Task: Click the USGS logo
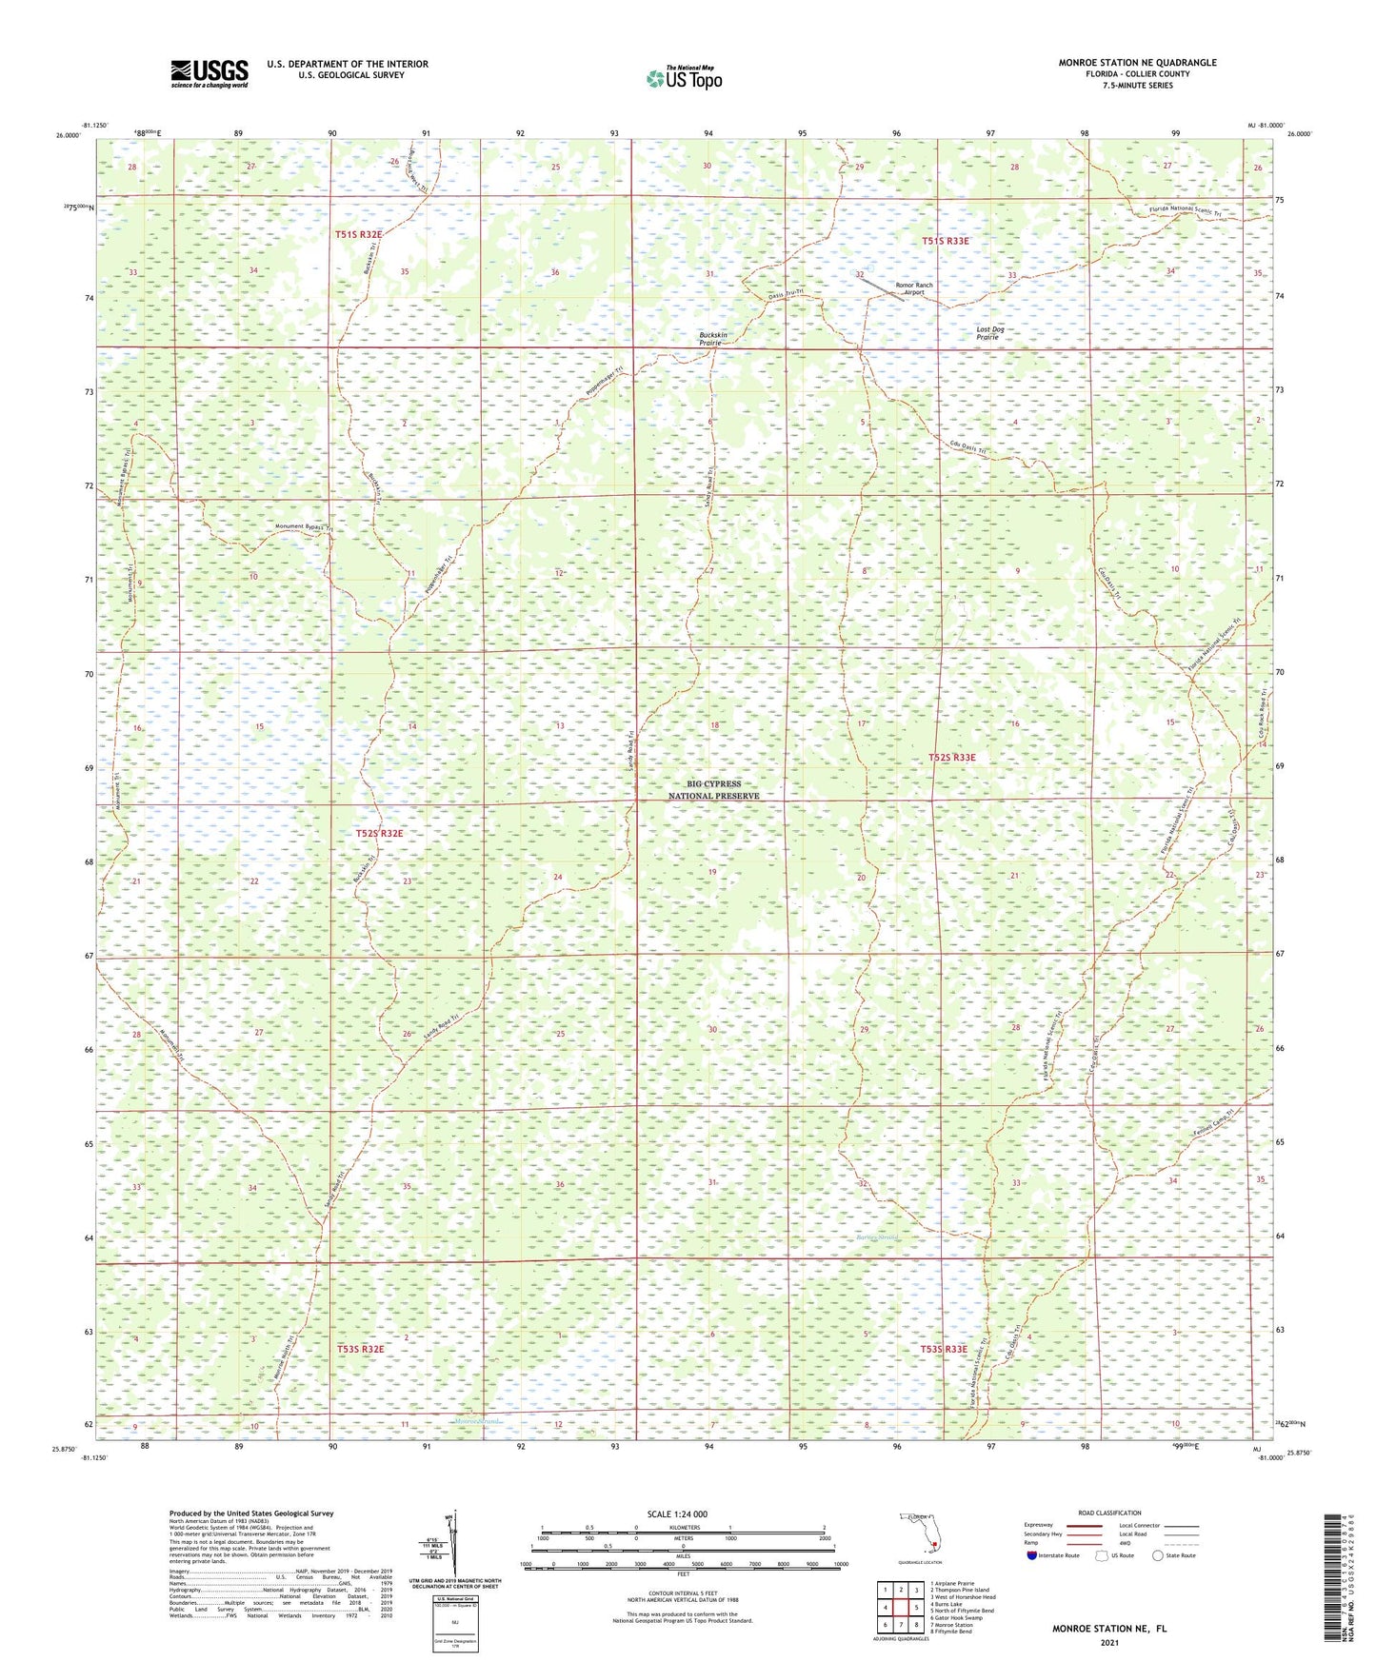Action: [209, 73]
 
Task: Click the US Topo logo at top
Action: [683, 78]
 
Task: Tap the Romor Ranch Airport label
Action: [913, 288]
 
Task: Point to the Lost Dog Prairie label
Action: [989, 333]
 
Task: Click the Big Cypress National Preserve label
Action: [713, 790]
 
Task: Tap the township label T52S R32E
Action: [379, 833]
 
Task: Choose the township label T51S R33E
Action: [945, 241]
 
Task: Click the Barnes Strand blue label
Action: [876, 1237]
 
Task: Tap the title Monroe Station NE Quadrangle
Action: [1137, 63]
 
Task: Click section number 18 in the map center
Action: [714, 725]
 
